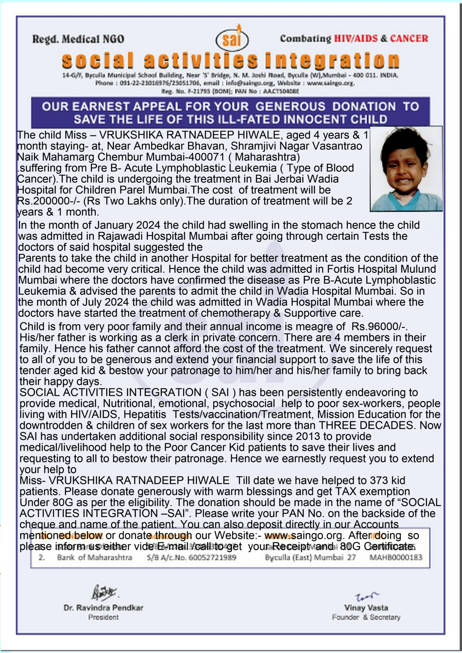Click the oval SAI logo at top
(x=232, y=40)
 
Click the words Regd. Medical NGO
(x=78, y=39)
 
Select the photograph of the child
(x=406, y=169)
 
